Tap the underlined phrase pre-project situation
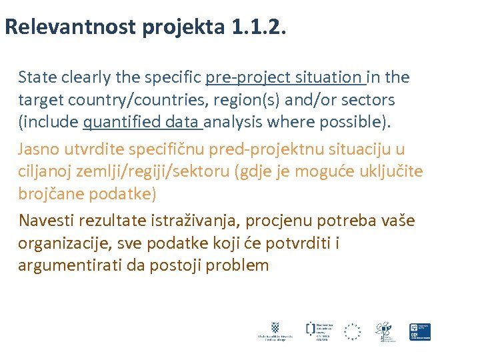(x=286, y=77)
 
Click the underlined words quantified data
(x=143, y=123)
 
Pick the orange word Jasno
(x=38, y=149)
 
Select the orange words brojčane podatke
(x=87, y=195)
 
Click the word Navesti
(x=46, y=220)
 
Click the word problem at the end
(x=237, y=265)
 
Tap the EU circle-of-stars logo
(x=352, y=331)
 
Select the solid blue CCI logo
(x=420, y=331)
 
